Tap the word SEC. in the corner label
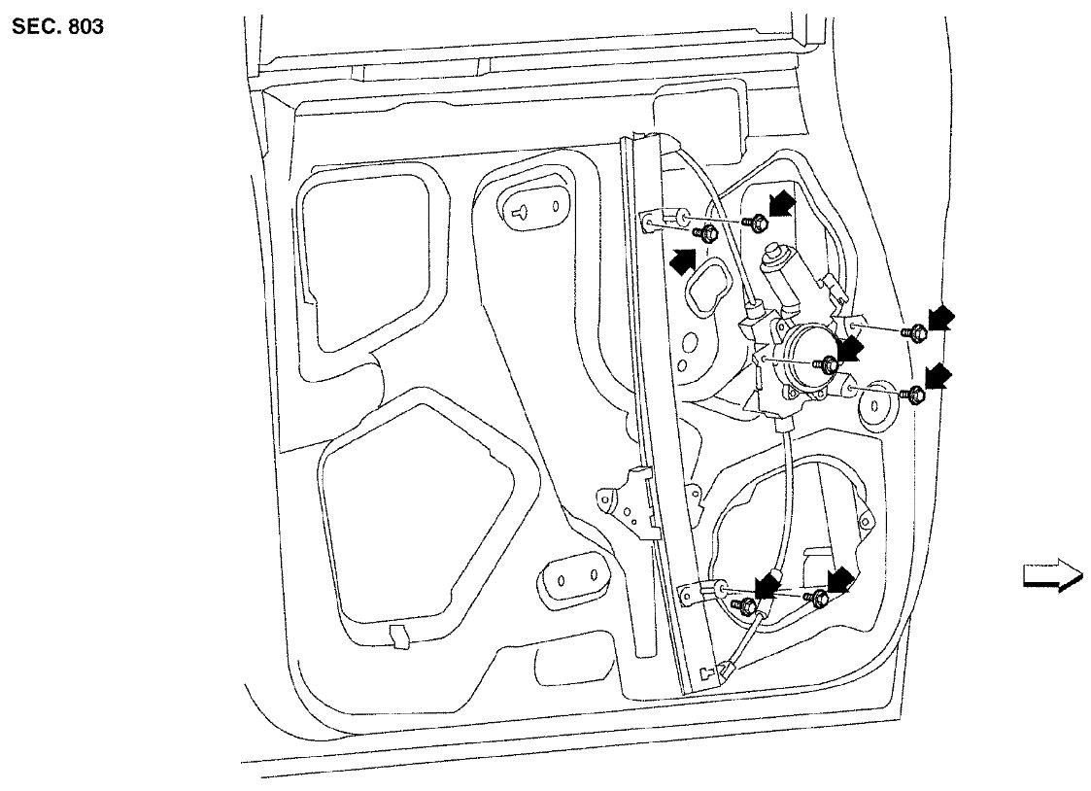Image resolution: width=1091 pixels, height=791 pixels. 35,26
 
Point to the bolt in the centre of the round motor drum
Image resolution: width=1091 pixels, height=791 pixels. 829,365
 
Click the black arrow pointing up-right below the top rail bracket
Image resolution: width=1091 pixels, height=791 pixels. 684,259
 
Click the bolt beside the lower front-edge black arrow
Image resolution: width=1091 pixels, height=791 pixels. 914,394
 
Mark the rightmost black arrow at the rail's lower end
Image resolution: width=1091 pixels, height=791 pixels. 838,581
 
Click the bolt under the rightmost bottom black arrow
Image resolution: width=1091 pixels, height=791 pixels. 819,599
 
